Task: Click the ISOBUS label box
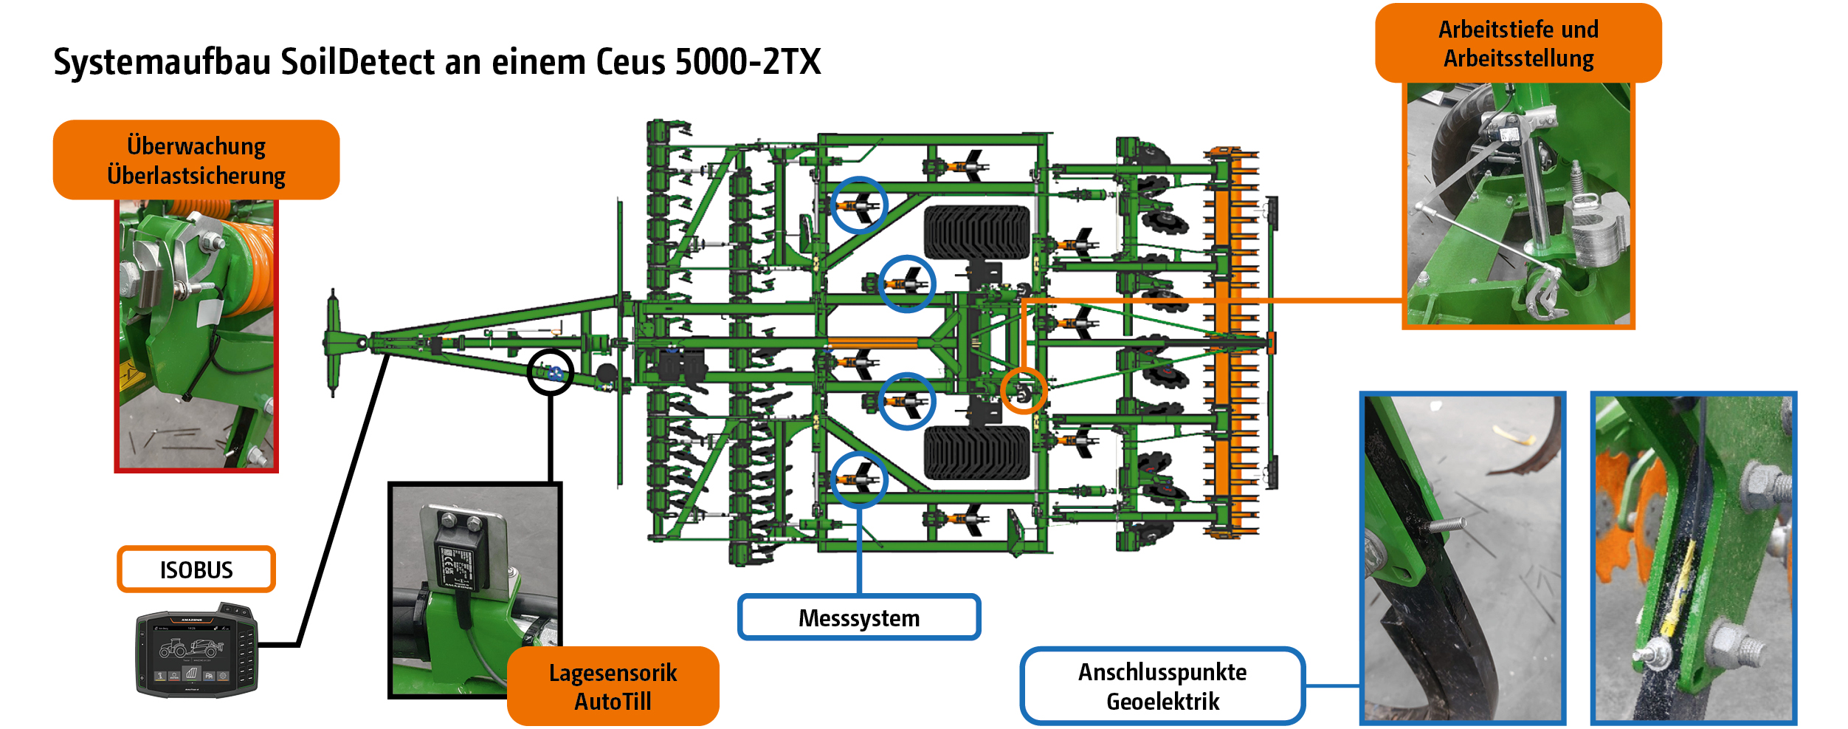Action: pos(196,569)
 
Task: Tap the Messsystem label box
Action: pos(859,617)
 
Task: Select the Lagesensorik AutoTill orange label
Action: pos(613,686)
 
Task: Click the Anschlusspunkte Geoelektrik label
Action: pos(1162,686)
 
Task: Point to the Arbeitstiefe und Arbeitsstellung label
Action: pos(1518,44)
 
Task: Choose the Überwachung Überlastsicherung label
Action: pos(196,160)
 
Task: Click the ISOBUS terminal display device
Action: pos(197,651)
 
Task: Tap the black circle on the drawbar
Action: pos(551,372)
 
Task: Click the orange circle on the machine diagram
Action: pos(1023,390)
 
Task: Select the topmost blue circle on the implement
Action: pos(859,205)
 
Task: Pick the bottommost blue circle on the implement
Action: pos(859,479)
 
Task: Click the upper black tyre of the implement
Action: pos(976,232)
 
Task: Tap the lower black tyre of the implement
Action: pos(976,452)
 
